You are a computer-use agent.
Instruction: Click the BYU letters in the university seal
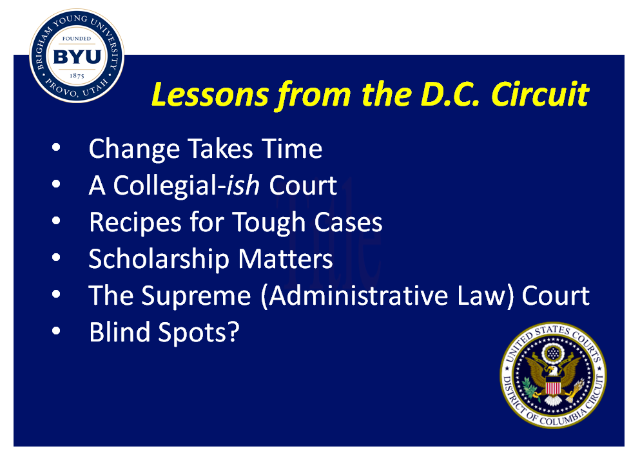(77, 57)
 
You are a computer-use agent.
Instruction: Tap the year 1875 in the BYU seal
(77, 75)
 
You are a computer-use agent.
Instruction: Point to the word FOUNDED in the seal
(77, 39)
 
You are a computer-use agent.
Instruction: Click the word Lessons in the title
(210, 94)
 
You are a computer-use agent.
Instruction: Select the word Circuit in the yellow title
(539, 94)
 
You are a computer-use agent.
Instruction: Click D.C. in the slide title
(450, 95)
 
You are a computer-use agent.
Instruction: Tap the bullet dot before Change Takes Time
(56, 148)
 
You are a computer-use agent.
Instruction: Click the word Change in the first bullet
(134, 149)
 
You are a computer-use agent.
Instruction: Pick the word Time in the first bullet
(292, 148)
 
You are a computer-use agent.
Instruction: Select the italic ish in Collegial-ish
(243, 185)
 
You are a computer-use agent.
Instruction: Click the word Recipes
(135, 223)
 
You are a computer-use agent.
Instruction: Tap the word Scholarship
(159, 260)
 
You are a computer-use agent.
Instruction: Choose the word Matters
(286, 259)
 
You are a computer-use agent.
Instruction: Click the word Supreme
(196, 296)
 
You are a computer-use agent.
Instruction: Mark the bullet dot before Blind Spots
(56, 331)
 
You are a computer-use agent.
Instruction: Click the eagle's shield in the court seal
(553, 385)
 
